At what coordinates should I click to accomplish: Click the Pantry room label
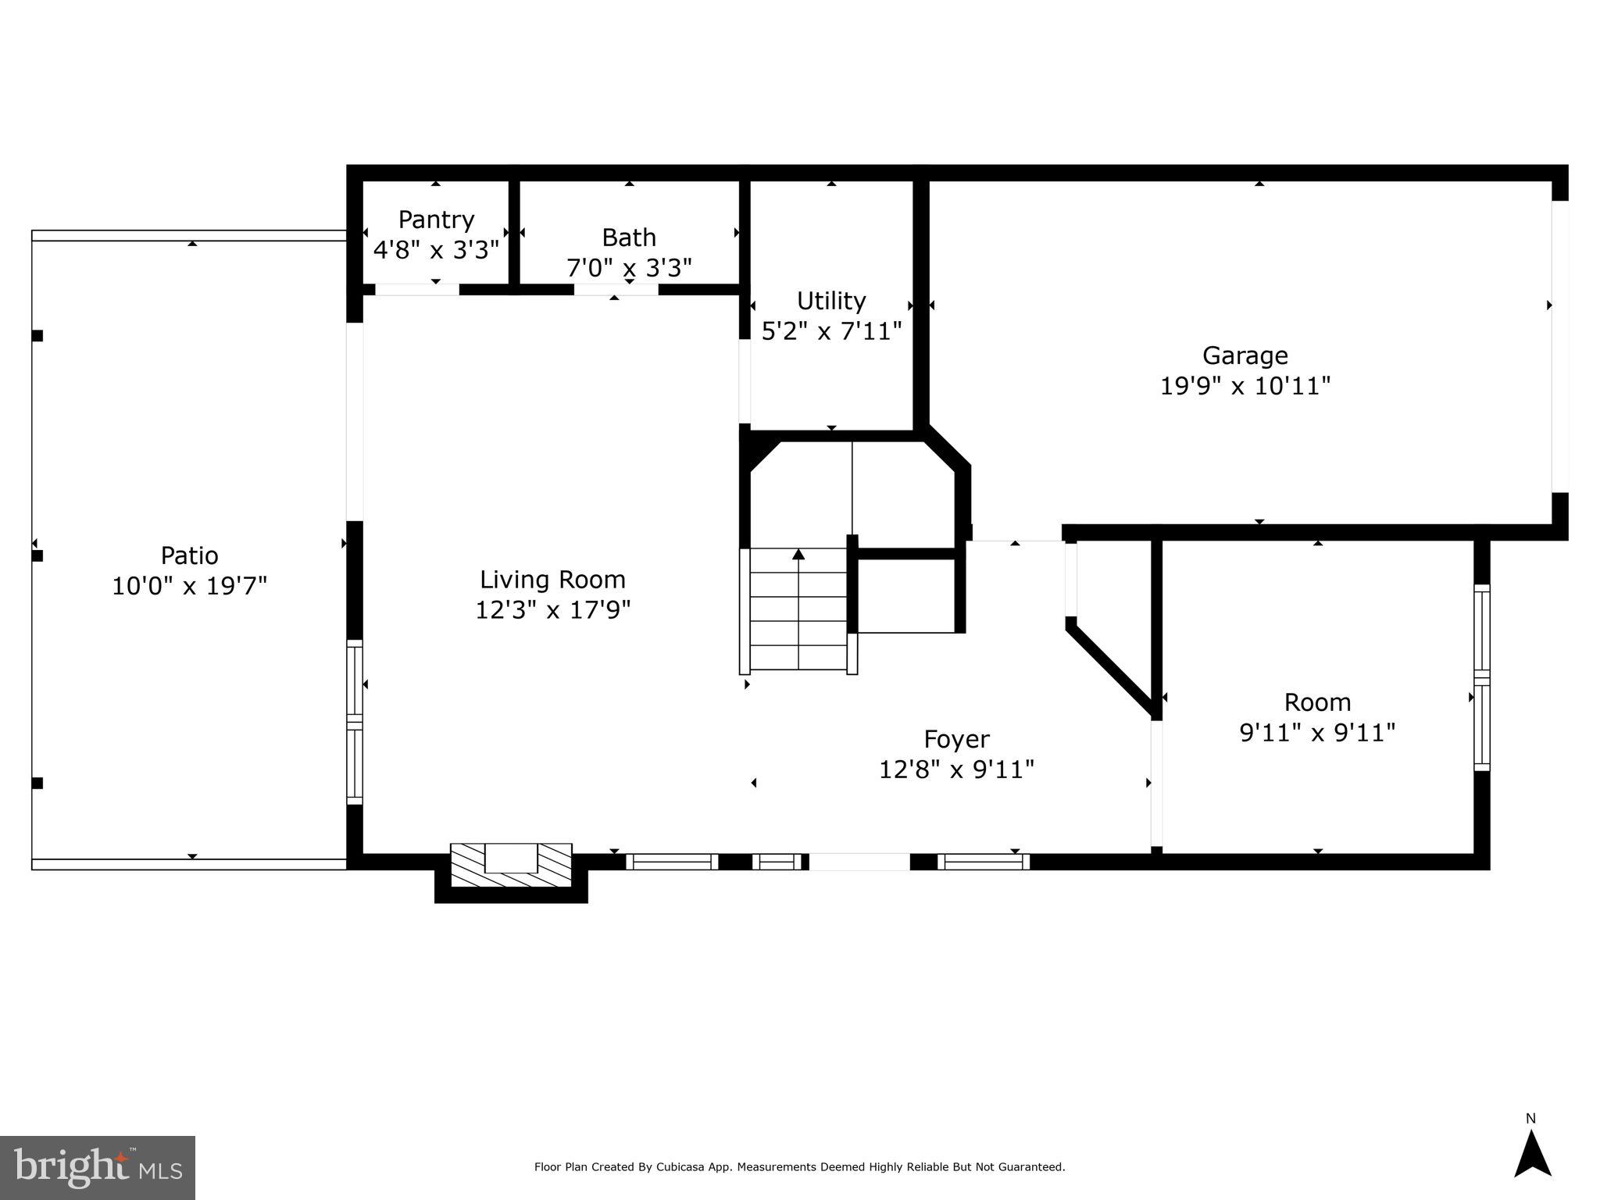[436, 220]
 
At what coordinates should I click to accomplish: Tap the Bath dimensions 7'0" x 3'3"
[629, 268]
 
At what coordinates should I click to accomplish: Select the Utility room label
[831, 301]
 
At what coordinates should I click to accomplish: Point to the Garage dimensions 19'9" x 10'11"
[1245, 386]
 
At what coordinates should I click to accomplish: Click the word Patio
[189, 555]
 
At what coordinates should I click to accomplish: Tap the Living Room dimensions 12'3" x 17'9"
[552, 609]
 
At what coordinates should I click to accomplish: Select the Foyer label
[956, 739]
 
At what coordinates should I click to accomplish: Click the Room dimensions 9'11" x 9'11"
[1317, 733]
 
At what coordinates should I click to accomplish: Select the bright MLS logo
[97, 1167]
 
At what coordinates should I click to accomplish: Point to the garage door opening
[1559, 347]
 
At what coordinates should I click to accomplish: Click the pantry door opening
[416, 290]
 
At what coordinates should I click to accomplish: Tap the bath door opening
[616, 290]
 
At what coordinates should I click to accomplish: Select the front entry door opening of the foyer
[859, 862]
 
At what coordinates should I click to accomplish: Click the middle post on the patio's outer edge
[37, 556]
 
